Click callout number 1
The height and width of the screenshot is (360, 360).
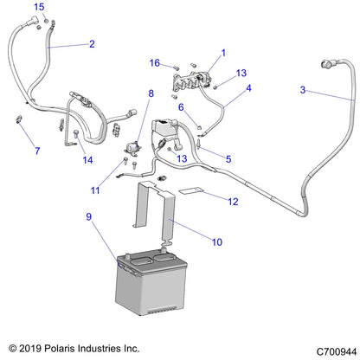point(222,52)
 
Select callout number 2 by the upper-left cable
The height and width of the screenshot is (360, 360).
point(93,43)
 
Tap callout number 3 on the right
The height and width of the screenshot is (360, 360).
point(303,90)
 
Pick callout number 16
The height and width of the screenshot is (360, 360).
point(155,63)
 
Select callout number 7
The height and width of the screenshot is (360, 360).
point(37,151)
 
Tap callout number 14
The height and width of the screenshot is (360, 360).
point(87,160)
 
